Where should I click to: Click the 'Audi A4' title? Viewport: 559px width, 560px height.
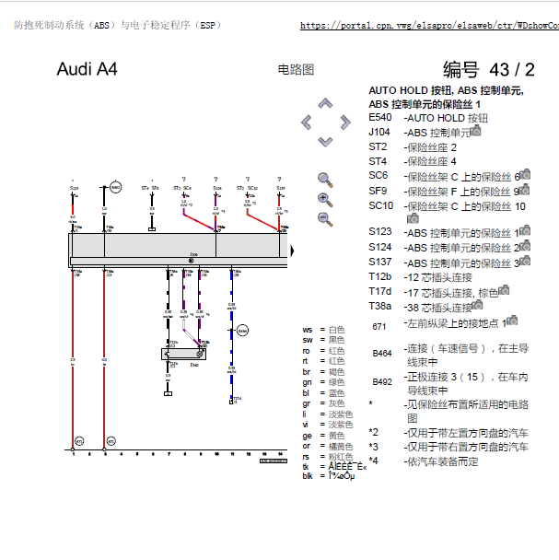pos(87,70)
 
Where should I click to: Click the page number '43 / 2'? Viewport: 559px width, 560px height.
pos(512,70)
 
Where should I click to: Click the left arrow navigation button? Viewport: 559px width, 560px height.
pos(306,122)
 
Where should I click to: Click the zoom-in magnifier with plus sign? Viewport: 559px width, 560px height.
pos(324,199)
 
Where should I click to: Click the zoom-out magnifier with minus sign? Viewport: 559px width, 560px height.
pos(324,219)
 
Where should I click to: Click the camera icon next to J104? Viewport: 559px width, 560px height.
pos(475,132)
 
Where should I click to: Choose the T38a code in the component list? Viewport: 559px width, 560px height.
pos(380,306)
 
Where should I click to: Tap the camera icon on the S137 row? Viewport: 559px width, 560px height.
pos(523,262)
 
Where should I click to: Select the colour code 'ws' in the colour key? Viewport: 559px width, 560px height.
pos(308,330)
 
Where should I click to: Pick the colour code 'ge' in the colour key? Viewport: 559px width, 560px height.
pos(308,435)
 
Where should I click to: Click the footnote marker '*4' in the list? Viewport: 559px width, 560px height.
pos(373,461)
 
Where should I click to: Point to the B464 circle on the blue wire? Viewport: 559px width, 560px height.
pos(242,330)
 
